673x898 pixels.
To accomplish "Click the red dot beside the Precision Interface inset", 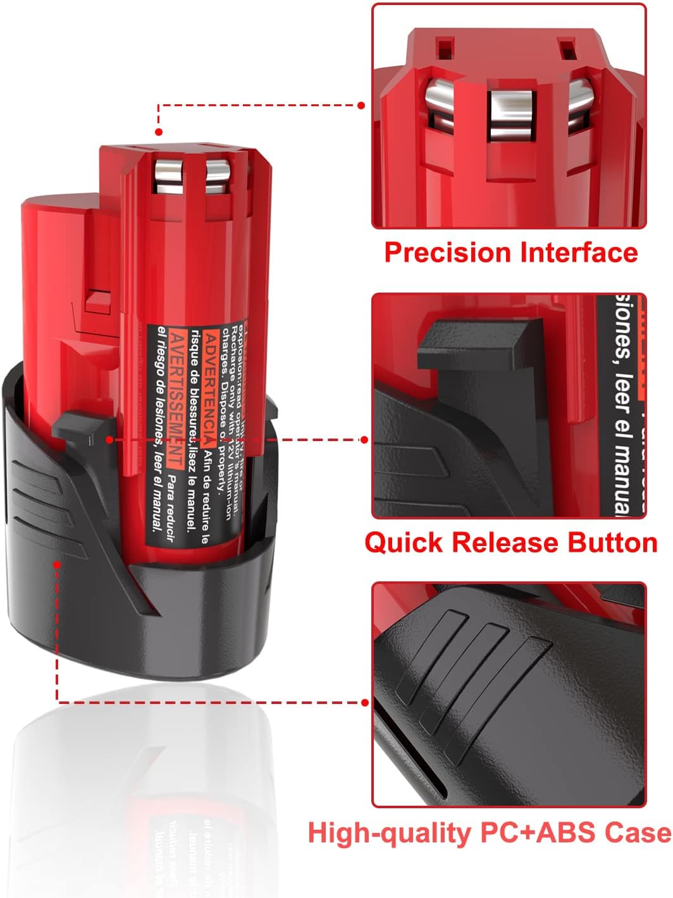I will pos(362,106).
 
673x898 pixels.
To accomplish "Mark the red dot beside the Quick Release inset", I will pos(364,439).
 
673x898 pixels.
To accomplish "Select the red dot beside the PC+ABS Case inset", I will pos(364,702).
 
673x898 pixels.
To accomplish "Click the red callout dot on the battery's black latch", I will pos(109,439).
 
